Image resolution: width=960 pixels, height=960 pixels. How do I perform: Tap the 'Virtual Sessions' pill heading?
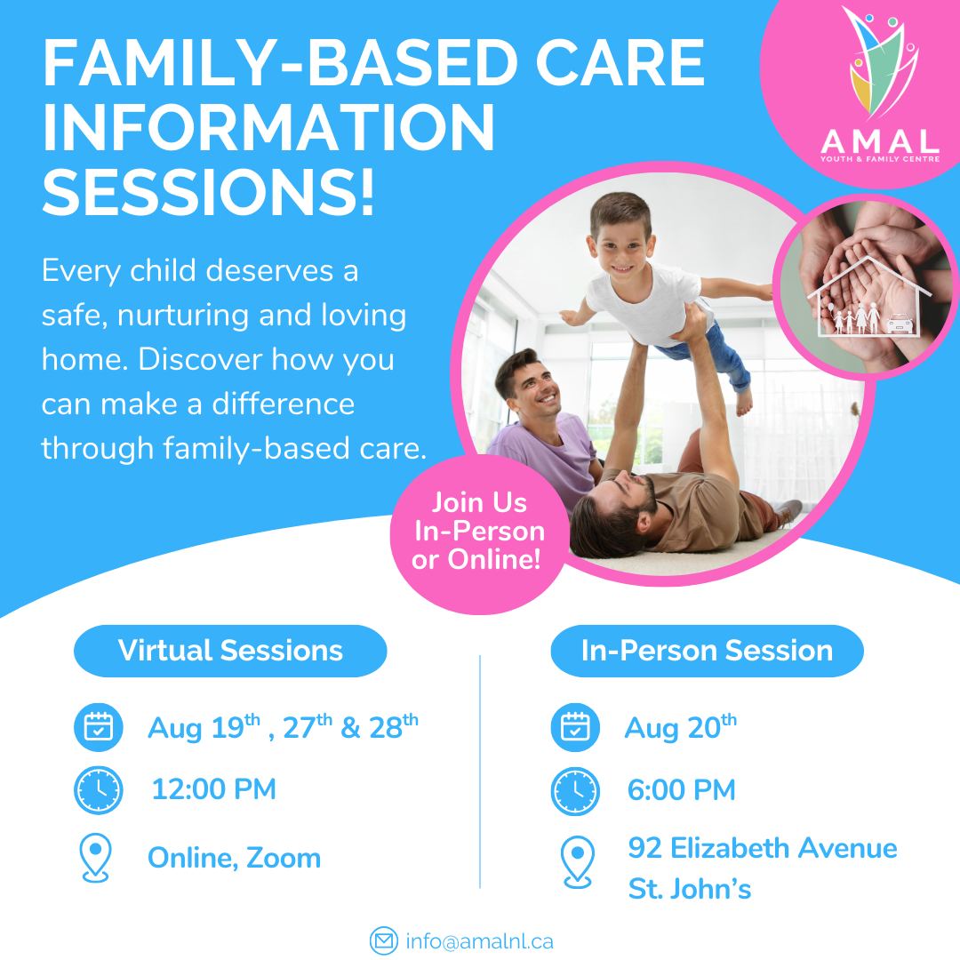point(230,650)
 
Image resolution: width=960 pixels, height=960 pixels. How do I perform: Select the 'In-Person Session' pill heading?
point(708,650)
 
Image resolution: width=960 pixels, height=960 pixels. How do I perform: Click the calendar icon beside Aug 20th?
point(575,727)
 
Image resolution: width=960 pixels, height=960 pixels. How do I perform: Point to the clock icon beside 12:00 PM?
point(98,790)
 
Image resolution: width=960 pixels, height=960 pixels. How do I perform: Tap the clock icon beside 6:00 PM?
point(575,790)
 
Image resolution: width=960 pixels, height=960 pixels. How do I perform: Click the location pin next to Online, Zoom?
point(95,857)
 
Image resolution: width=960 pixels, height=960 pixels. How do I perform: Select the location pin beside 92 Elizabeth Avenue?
point(578,862)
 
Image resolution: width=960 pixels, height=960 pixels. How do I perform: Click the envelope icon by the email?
point(384,941)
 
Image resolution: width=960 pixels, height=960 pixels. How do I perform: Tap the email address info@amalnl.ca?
point(479,941)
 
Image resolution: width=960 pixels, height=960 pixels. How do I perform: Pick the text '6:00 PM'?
point(682,790)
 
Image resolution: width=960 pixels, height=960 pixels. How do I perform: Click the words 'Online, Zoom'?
point(235,858)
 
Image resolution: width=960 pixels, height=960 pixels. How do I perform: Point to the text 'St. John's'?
point(690,889)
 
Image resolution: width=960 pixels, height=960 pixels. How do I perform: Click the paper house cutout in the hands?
point(869,297)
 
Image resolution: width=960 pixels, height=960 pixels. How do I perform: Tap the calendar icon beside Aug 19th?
point(98,727)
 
